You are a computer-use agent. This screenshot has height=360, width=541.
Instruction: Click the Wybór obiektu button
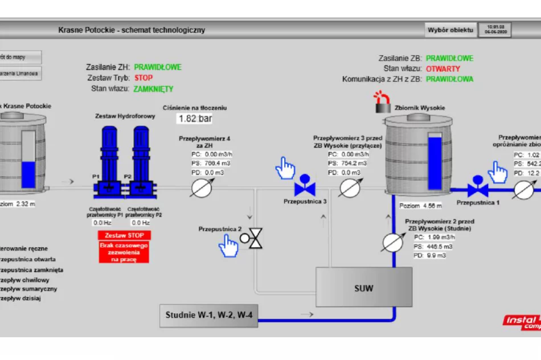point(450,30)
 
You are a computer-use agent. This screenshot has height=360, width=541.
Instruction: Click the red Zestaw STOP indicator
point(124,235)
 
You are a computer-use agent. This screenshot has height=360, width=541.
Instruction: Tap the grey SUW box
point(364,288)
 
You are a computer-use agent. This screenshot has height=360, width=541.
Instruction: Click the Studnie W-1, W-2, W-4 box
point(208,315)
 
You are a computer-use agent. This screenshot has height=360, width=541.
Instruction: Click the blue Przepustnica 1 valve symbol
point(477,187)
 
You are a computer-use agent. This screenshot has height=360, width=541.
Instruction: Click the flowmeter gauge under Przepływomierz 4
point(201,187)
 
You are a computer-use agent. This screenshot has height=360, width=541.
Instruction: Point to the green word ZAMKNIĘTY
point(153,89)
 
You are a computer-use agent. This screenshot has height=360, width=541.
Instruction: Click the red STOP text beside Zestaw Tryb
point(144,78)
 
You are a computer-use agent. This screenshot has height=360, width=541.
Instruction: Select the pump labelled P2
point(141,162)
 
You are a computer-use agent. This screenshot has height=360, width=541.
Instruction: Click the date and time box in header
point(494,30)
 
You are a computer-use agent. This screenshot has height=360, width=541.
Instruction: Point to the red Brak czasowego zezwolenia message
point(124,252)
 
